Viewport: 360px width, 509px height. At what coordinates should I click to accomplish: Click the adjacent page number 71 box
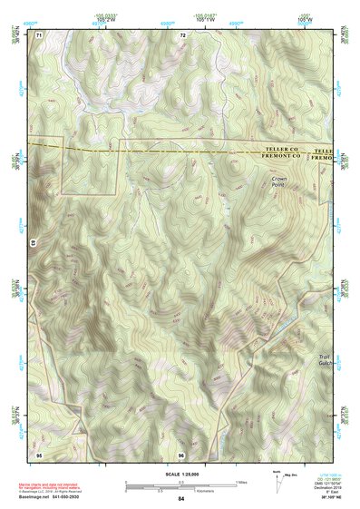(39, 34)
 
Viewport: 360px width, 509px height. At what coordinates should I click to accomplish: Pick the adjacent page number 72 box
(182, 34)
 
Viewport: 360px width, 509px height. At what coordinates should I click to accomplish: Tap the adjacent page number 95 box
(39, 453)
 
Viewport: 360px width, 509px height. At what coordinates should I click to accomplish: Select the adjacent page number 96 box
(181, 453)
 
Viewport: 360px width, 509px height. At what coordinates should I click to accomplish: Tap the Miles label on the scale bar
(240, 482)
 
